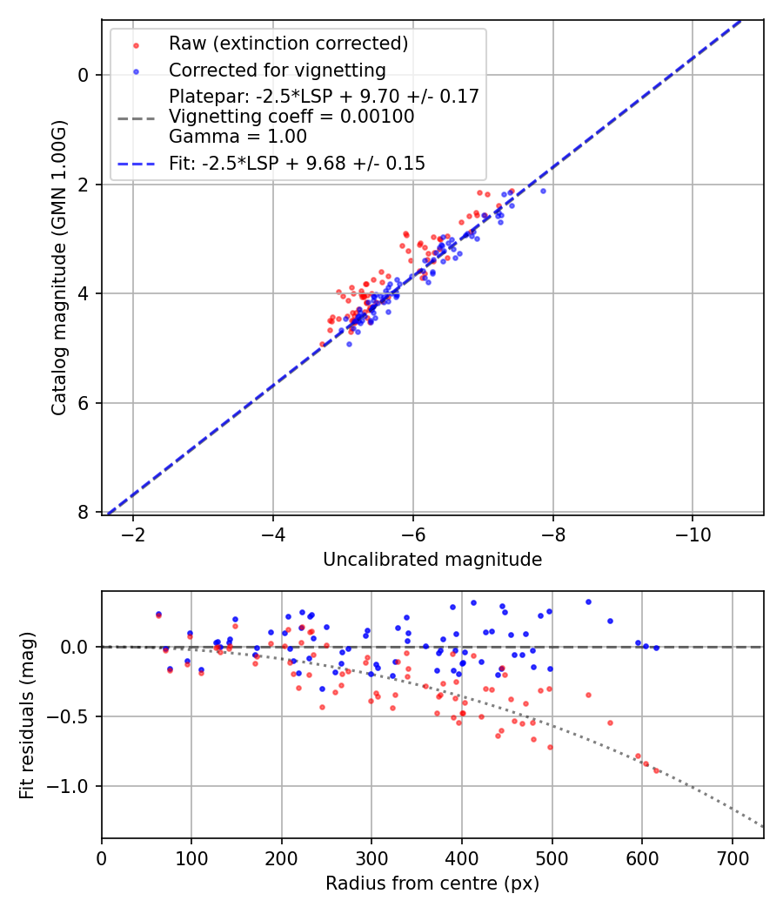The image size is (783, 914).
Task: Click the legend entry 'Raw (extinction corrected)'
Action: tap(288, 44)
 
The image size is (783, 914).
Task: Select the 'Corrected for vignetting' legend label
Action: tap(277, 70)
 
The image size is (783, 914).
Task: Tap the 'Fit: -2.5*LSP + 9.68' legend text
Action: tap(297, 163)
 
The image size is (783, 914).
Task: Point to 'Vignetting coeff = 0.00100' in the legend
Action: tap(291, 117)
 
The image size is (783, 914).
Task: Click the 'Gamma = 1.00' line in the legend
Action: tap(238, 136)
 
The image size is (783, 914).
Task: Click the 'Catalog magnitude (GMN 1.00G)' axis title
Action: tap(58, 266)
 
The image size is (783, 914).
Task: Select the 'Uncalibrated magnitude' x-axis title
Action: tap(432, 560)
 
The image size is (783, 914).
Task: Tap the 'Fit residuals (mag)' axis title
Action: tap(27, 715)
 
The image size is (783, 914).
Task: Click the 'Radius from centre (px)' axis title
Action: tap(432, 884)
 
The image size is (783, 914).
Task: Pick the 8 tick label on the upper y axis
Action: tap(84, 513)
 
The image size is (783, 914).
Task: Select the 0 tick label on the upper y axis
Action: tap(84, 75)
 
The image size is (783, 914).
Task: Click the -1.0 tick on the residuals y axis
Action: tap(73, 786)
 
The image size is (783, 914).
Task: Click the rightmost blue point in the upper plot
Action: tap(543, 191)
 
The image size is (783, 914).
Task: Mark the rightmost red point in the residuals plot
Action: tap(656, 770)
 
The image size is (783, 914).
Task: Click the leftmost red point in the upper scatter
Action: tap(322, 344)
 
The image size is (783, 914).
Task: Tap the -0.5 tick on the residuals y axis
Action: tap(73, 716)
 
